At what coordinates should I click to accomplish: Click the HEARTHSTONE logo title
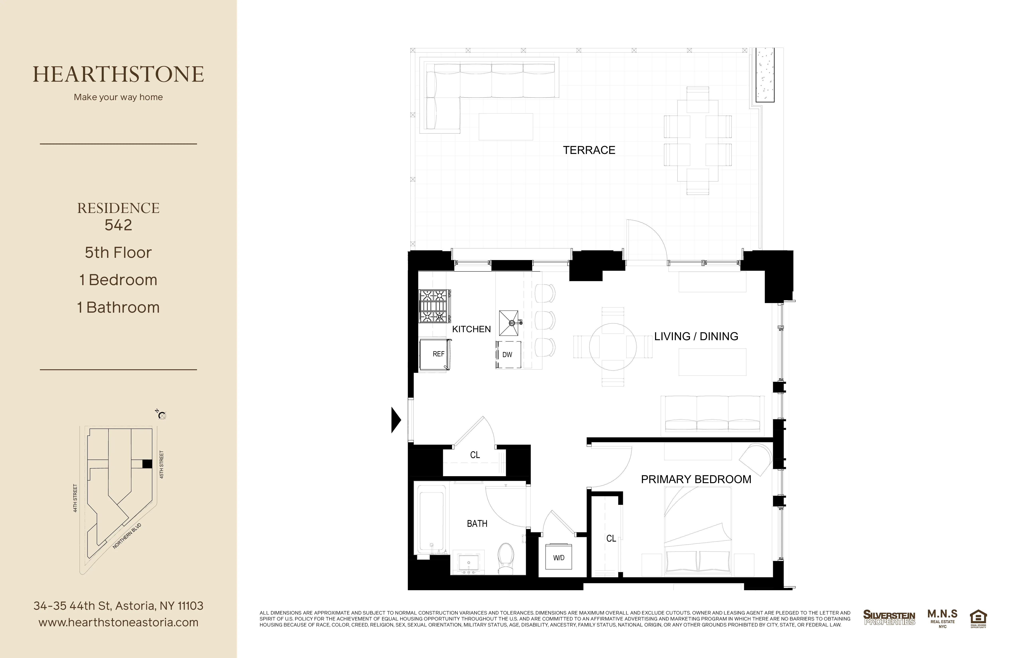click(x=118, y=74)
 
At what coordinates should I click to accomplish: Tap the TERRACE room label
click(x=589, y=150)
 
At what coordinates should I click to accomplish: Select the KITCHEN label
click(x=471, y=329)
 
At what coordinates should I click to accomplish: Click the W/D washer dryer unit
click(x=559, y=558)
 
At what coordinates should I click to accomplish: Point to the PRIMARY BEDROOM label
click(x=696, y=479)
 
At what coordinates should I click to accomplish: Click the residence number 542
click(x=118, y=225)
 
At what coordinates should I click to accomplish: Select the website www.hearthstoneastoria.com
click(x=118, y=623)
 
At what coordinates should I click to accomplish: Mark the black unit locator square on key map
click(x=147, y=464)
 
